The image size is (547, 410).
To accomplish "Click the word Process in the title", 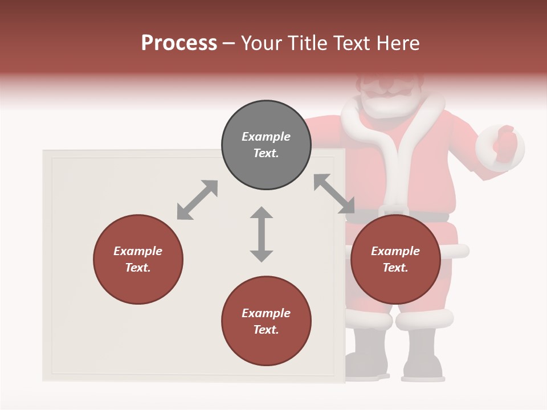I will pos(179,43).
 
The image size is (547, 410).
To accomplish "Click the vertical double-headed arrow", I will pos(262,234).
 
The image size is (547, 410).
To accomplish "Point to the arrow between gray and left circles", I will pos(197,200).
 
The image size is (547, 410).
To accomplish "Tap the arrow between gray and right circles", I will pos(334,194).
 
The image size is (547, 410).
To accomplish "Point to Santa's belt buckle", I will pos(392,211).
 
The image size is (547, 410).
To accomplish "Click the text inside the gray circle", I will pos(266,145).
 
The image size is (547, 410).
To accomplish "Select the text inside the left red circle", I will pos(138,259).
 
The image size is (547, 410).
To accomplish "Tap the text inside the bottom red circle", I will pos(266,321).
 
